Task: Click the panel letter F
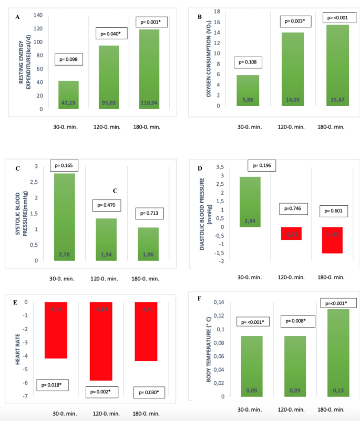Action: (x=199, y=298)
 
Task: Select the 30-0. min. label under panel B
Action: (x=249, y=127)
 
